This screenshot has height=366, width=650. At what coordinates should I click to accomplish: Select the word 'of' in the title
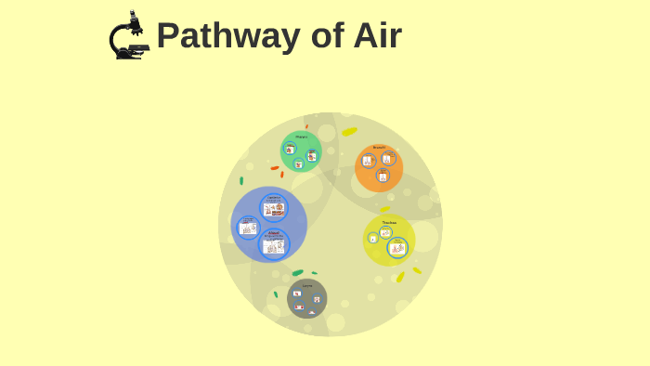click(x=322, y=36)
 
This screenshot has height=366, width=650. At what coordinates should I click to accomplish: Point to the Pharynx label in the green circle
click(x=301, y=137)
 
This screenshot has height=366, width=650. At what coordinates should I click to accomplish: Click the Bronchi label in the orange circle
click(x=379, y=148)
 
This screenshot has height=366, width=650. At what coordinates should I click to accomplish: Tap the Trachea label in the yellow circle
click(x=389, y=223)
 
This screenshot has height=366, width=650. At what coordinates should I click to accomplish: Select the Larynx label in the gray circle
click(x=307, y=286)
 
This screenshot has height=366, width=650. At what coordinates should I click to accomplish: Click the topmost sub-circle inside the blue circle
click(x=273, y=207)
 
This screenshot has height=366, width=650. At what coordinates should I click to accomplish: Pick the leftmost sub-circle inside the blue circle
click(x=248, y=228)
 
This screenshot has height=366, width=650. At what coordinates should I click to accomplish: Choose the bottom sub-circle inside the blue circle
click(x=274, y=244)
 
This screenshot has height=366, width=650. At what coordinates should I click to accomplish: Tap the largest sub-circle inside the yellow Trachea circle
click(x=397, y=248)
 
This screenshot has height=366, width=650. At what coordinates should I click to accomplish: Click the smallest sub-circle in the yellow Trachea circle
click(x=373, y=239)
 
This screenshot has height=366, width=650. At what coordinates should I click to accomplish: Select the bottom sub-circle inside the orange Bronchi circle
click(x=383, y=176)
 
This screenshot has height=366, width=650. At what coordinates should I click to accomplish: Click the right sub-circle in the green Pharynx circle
click(x=312, y=155)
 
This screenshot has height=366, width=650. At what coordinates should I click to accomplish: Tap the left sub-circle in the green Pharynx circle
click(x=290, y=149)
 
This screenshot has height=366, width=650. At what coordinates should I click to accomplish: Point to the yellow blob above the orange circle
click(x=349, y=132)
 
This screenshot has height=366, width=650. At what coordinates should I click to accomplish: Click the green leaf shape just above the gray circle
click(x=297, y=272)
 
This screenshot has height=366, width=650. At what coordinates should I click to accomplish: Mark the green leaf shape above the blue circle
click(x=241, y=180)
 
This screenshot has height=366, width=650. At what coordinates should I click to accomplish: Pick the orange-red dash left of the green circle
click(x=275, y=168)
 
